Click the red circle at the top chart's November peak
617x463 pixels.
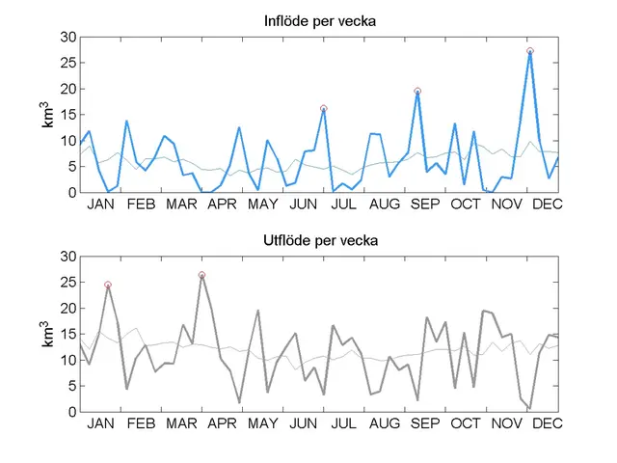(x=530, y=51)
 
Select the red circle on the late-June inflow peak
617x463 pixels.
(x=324, y=109)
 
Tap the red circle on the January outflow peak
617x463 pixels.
(x=108, y=285)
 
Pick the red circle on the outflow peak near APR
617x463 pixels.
(x=201, y=275)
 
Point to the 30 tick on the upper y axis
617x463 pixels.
(x=67, y=38)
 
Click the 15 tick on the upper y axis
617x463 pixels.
(x=67, y=115)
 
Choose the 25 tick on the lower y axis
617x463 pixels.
(x=67, y=283)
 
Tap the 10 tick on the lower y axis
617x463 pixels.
(x=67, y=360)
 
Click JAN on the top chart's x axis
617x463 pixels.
(x=100, y=204)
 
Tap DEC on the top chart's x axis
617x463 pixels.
(x=547, y=204)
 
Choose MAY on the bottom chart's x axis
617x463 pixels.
(x=262, y=424)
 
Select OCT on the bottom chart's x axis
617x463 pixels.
(x=466, y=424)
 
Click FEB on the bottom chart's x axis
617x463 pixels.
(x=141, y=424)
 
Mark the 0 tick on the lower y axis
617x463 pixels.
(x=70, y=412)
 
